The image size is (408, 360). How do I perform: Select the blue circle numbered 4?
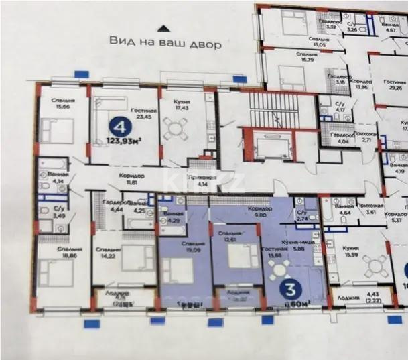pyautogui.click(x=119, y=125)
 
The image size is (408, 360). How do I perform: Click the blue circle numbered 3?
pyautogui.click(x=292, y=290)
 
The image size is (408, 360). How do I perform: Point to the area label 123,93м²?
pyautogui.click(x=126, y=142)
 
